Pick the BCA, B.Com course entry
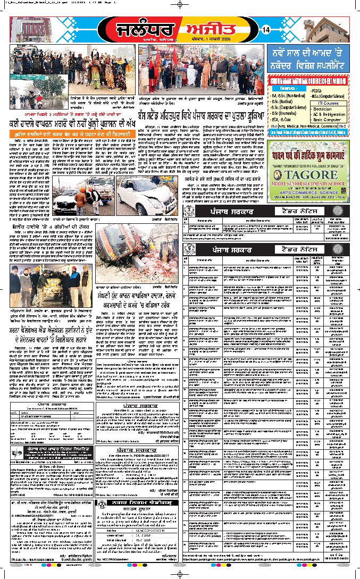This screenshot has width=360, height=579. [x=282, y=119]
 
